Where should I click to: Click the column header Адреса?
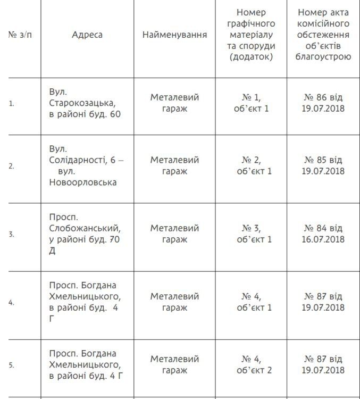coord(87,35)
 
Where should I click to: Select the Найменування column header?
coord(174,35)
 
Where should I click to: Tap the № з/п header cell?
coord(20,35)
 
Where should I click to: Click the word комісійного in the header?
coord(323,23)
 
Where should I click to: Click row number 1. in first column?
coord(11,103)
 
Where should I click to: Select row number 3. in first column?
coord(11,234)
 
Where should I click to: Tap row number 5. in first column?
coord(11,365)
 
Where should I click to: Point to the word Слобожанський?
coord(85,228)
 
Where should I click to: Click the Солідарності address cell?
coord(87,165)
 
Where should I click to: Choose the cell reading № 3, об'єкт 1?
coord(254,234)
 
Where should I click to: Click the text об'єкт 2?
coord(254,370)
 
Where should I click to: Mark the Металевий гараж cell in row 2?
coord(174,165)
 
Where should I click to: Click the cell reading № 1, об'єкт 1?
coord(254,103)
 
